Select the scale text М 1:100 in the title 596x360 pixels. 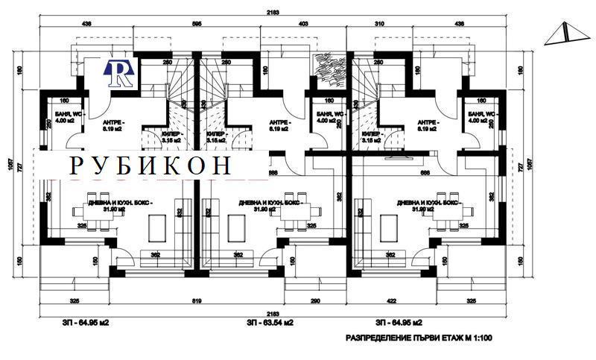(477, 338)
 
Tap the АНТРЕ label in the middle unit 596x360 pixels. (279, 124)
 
